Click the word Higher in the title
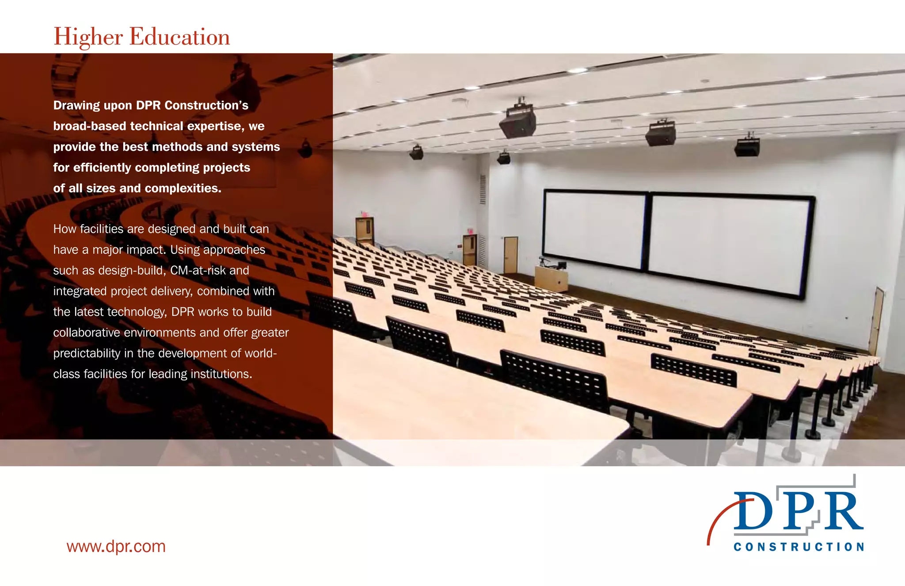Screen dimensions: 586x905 pos(88,37)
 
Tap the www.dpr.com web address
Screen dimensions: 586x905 pos(116,546)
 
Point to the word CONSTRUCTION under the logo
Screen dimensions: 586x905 pos(799,547)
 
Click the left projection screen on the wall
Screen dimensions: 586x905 pos(594,229)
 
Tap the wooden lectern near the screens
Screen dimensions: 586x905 pos(551,277)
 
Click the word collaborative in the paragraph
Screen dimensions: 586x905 pos(87,333)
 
